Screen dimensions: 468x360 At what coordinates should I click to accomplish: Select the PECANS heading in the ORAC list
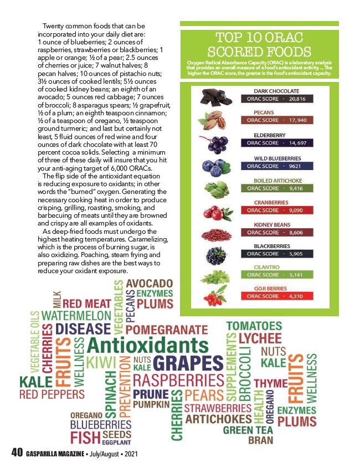tap(264, 112)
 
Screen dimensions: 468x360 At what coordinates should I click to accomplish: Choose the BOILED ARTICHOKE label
tap(278, 181)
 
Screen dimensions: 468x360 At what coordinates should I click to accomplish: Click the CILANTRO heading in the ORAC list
tap(267, 267)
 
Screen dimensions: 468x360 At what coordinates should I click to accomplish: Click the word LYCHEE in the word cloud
tap(260, 338)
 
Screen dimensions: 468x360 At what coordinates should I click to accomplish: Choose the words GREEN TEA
tap(248, 429)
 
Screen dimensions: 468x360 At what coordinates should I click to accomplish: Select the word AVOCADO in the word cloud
tap(150, 284)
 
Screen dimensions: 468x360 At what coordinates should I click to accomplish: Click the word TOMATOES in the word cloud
tap(254, 325)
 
